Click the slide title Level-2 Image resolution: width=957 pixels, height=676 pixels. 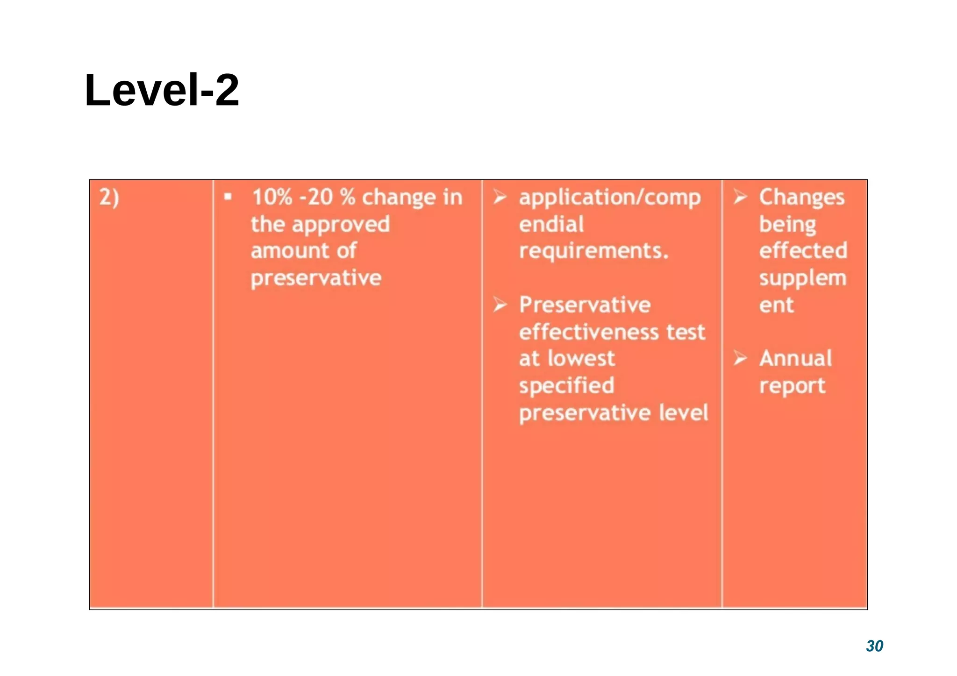pos(162,90)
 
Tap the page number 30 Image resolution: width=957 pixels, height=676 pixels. pos(874,646)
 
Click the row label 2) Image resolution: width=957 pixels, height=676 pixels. pos(109,197)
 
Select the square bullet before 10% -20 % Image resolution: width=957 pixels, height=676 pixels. pos(228,197)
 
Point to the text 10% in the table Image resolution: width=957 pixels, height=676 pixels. pos(272,197)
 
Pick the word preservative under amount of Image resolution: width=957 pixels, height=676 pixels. pos(316,278)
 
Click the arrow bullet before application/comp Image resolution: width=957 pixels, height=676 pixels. pos(500,197)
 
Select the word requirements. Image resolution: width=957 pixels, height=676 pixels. pos(593,251)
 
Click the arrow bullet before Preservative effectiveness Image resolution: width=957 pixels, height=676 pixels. pos(500,305)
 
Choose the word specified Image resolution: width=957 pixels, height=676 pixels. pos(566,386)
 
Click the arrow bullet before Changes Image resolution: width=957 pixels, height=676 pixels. pos(740,197)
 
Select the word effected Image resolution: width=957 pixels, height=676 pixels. pos(803,251)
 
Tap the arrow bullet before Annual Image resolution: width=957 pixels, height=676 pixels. pos(740,358)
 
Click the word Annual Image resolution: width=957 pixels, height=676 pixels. pos(795,359)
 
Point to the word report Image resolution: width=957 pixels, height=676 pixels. pos(792,386)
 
